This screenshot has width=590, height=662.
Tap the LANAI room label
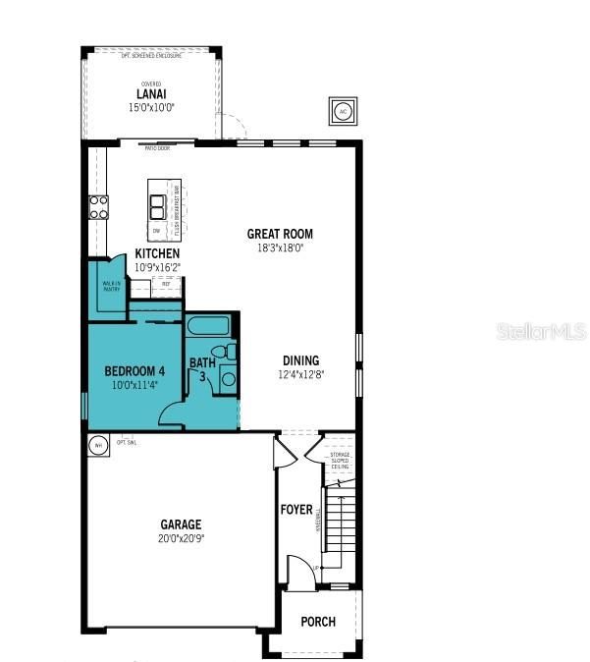pyautogui.click(x=151, y=95)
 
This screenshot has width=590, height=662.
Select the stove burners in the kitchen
pyautogui.click(x=100, y=206)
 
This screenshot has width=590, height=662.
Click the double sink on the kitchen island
pyautogui.click(x=157, y=205)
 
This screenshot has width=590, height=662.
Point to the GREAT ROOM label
pyautogui.click(x=280, y=234)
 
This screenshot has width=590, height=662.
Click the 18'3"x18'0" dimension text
pyautogui.click(x=280, y=248)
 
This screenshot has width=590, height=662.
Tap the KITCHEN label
pyautogui.click(x=157, y=253)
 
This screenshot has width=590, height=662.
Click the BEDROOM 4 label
pyautogui.click(x=134, y=371)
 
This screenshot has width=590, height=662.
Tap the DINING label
pyautogui.click(x=301, y=360)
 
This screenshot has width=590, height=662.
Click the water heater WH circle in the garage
pyautogui.click(x=97, y=446)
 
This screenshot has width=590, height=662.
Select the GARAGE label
pyautogui.click(x=182, y=524)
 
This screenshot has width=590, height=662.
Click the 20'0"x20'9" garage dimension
pyautogui.click(x=182, y=538)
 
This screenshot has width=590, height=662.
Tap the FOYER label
pyautogui.click(x=296, y=510)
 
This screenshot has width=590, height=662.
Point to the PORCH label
pyautogui.click(x=318, y=622)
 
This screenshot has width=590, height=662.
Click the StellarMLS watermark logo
pyautogui.click(x=541, y=331)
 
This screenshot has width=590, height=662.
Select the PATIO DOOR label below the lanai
pyautogui.click(x=157, y=149)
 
